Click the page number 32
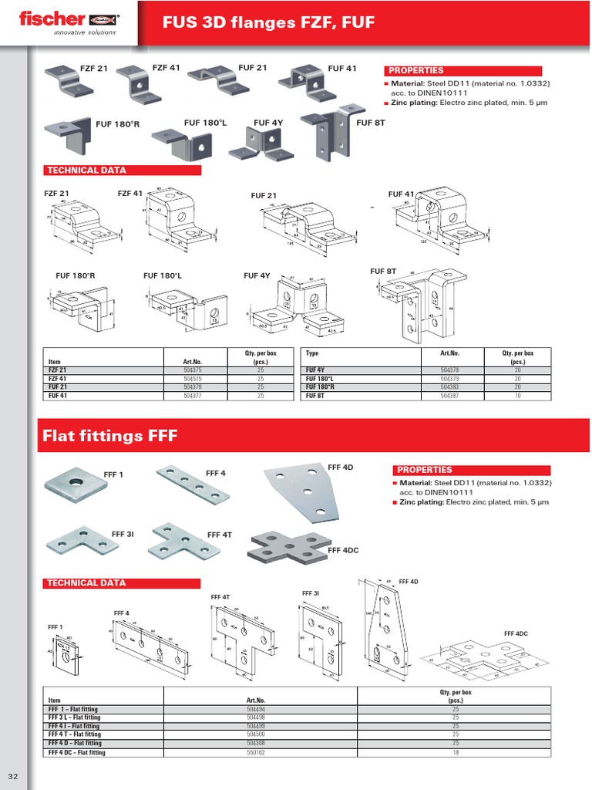click(13, 775)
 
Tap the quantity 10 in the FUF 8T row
click(517, 395)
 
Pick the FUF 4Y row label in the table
click(314, 371)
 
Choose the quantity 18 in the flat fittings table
click(456, 752)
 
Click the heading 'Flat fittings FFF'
click(109, 437)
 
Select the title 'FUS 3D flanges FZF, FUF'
click(268, 23)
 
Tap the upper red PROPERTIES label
click(416, 70)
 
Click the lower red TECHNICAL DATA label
click(87, 583)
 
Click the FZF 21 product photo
click(69, 78)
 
